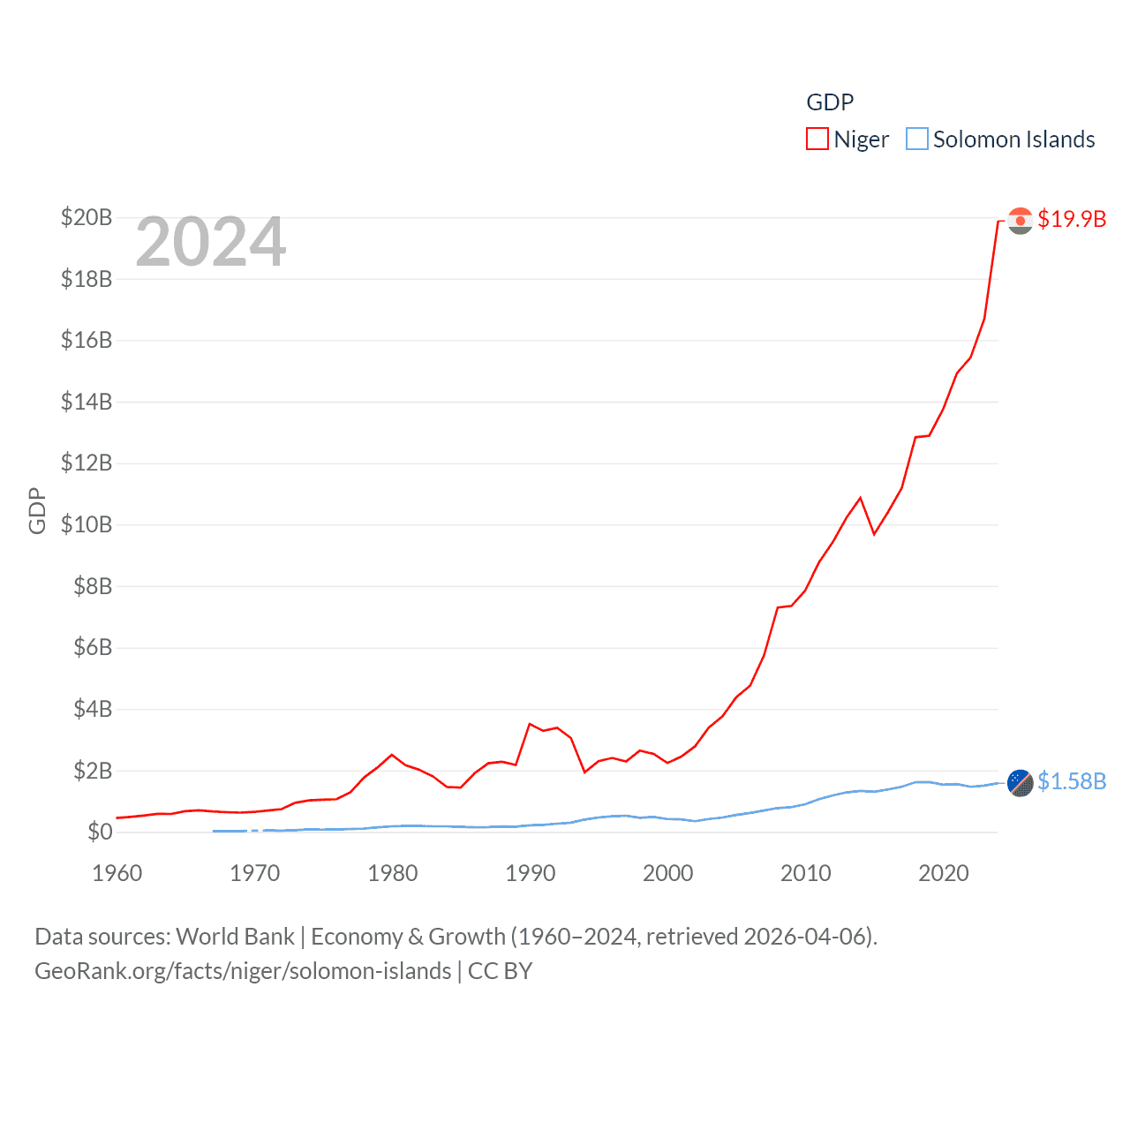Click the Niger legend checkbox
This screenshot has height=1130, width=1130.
tap(817, 139)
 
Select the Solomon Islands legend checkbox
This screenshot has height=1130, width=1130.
tap(917, 139)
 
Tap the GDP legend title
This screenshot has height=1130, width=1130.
tap(830, 102)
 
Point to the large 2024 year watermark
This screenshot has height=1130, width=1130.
tap(210, 242)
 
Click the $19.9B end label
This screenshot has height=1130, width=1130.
tap(1072, 219)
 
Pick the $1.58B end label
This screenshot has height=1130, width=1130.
tap(1072, 781)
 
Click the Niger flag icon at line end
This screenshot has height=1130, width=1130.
tap(1020, 221)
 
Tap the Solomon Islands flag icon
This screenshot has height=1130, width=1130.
tap(1020, 782)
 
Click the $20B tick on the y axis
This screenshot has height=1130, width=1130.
tap(87, 217)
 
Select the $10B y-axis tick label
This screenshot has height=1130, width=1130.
tap(87, 524)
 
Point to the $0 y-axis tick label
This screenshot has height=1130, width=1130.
tap(100, 832)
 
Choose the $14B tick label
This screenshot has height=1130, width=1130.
tap(87, 402)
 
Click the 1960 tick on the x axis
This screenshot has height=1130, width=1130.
tap(117, 873)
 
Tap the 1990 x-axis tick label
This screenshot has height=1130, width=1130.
tap(531, 873)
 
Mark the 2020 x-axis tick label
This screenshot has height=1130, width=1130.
tap(944, 873)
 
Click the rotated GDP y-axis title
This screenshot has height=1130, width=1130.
tap(37, 510)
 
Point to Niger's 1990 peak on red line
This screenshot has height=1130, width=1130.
tap(530, 724)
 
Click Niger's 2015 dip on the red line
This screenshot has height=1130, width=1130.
tap(874, 534)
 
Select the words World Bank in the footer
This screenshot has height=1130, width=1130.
tap(235, 936)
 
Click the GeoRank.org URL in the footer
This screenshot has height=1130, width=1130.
tap(243, 971)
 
